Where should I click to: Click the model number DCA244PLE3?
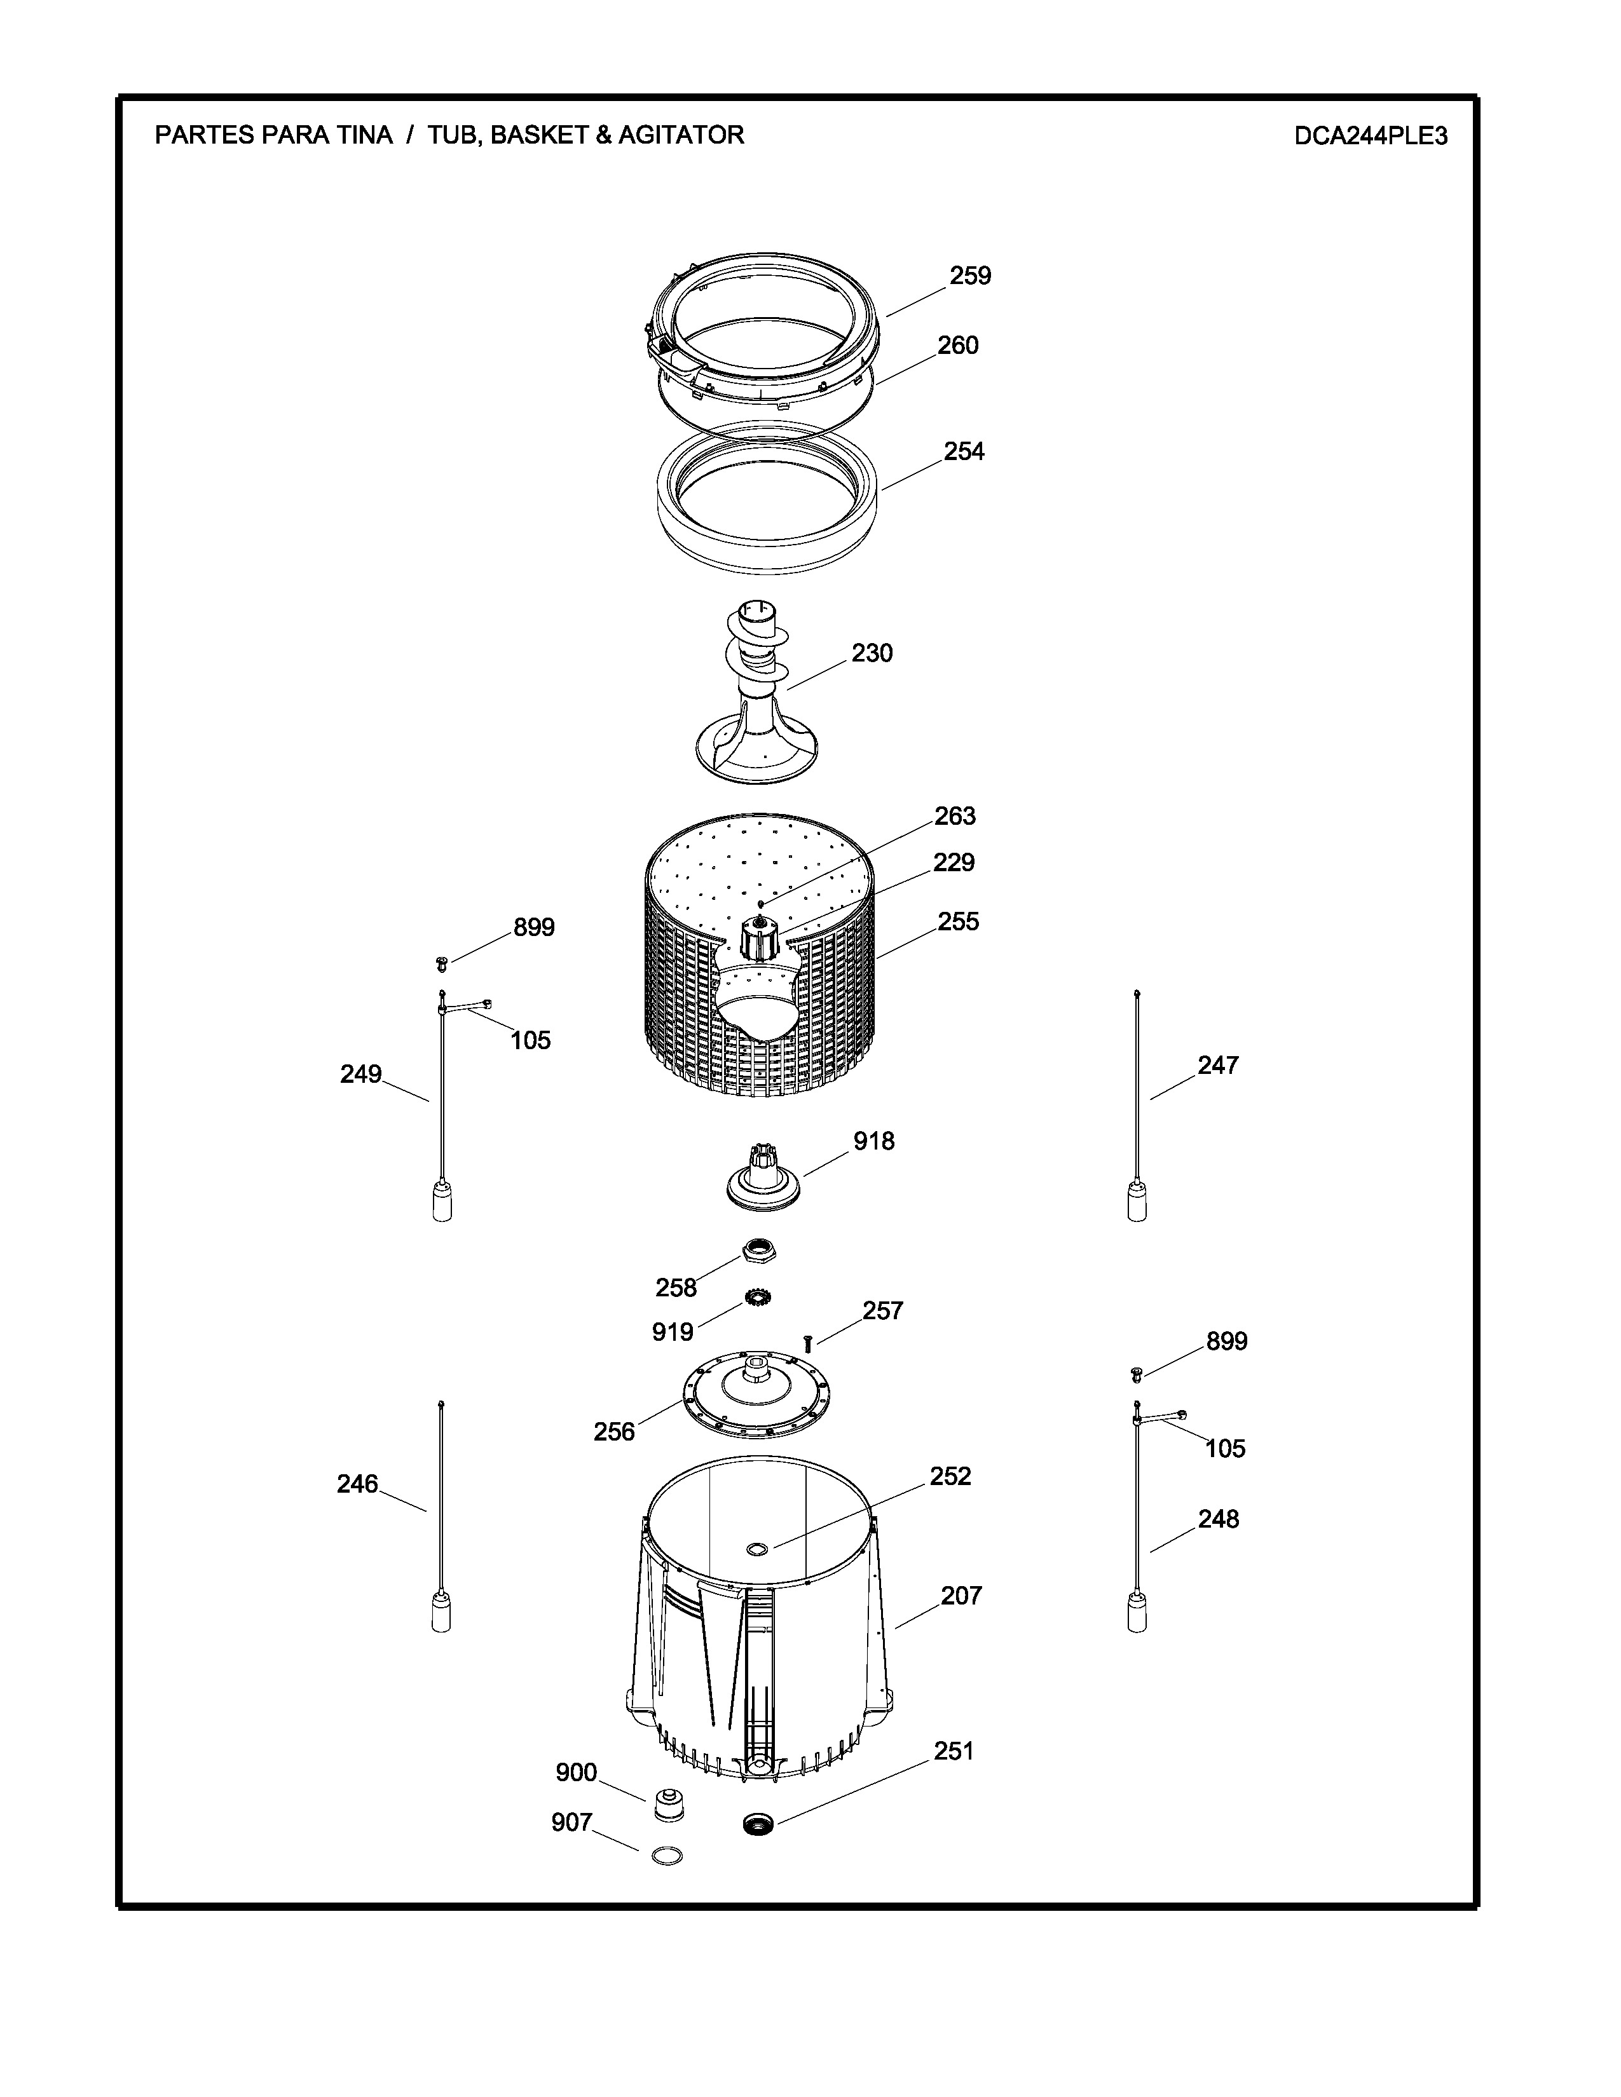[x=1371, y=135]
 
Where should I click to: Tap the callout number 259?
[x=970, y=276]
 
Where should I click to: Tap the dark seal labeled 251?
[x=758, y=1822]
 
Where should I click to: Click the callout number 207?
[x=961, y=1596]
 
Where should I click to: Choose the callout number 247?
[x=1218, y=1065]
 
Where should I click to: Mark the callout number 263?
[x=955, y=816]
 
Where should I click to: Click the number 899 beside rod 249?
[x=534, y=928]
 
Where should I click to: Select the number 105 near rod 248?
[x=1226, y=1449]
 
